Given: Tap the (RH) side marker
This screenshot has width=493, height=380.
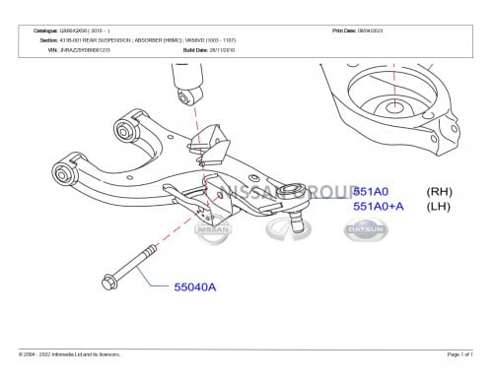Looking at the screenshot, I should click(x=439, y=192).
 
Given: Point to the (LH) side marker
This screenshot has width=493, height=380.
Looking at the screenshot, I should click(x=439, y=207).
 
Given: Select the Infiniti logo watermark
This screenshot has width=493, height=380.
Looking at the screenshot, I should click(x=288, y=228).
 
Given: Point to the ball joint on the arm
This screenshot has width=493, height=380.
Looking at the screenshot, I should click(x=293, y=192).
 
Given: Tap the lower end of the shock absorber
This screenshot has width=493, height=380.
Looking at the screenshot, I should click(x=188, y=95).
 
